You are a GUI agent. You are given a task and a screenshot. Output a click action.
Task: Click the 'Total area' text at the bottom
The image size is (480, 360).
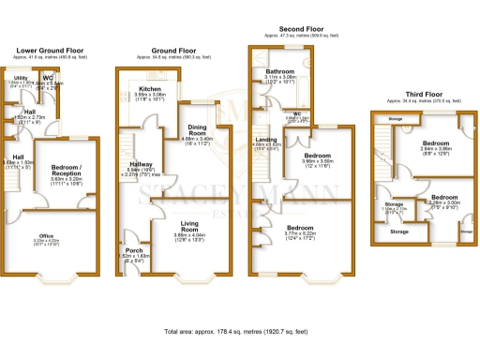point(240,333)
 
